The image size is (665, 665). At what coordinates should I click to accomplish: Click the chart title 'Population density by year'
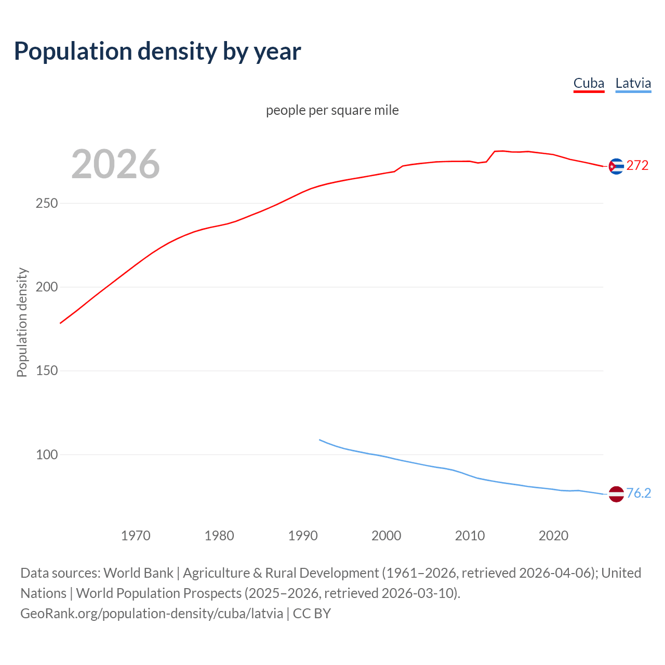click(157, 51)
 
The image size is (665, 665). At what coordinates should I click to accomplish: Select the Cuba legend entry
click(589, 83)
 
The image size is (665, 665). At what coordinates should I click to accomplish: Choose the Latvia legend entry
click(633, 83)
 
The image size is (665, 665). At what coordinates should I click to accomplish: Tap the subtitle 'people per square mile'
click(332, 110)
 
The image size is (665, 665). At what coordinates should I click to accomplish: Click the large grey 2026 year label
click(115, 164)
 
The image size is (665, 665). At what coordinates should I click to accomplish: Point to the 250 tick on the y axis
click(46, 203)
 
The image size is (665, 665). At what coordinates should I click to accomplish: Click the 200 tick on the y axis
click(46, 287)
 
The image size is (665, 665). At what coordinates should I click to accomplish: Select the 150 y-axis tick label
click(46, 371)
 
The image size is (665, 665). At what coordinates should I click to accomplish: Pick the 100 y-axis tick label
click(46, 455)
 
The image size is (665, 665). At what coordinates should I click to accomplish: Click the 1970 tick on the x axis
click(136, 535)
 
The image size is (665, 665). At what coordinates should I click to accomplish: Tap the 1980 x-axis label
click(219, 535)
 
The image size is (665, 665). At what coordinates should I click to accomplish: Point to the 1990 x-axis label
click(303, 535)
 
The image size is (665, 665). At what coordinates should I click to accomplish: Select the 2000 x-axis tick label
click(386, 535)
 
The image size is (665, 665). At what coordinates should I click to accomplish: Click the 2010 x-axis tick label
click(470, 535)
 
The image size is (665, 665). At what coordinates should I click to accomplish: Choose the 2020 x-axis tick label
click(553, 535)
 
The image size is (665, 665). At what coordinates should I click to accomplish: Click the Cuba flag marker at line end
click(616, 166)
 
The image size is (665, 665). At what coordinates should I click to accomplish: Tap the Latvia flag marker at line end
click(616, 494)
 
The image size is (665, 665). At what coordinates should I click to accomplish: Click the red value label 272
click(637, 166)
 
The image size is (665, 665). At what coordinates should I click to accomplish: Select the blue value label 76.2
click(639, 493)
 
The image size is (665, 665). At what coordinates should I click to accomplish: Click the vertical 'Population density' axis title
click(22, 322)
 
